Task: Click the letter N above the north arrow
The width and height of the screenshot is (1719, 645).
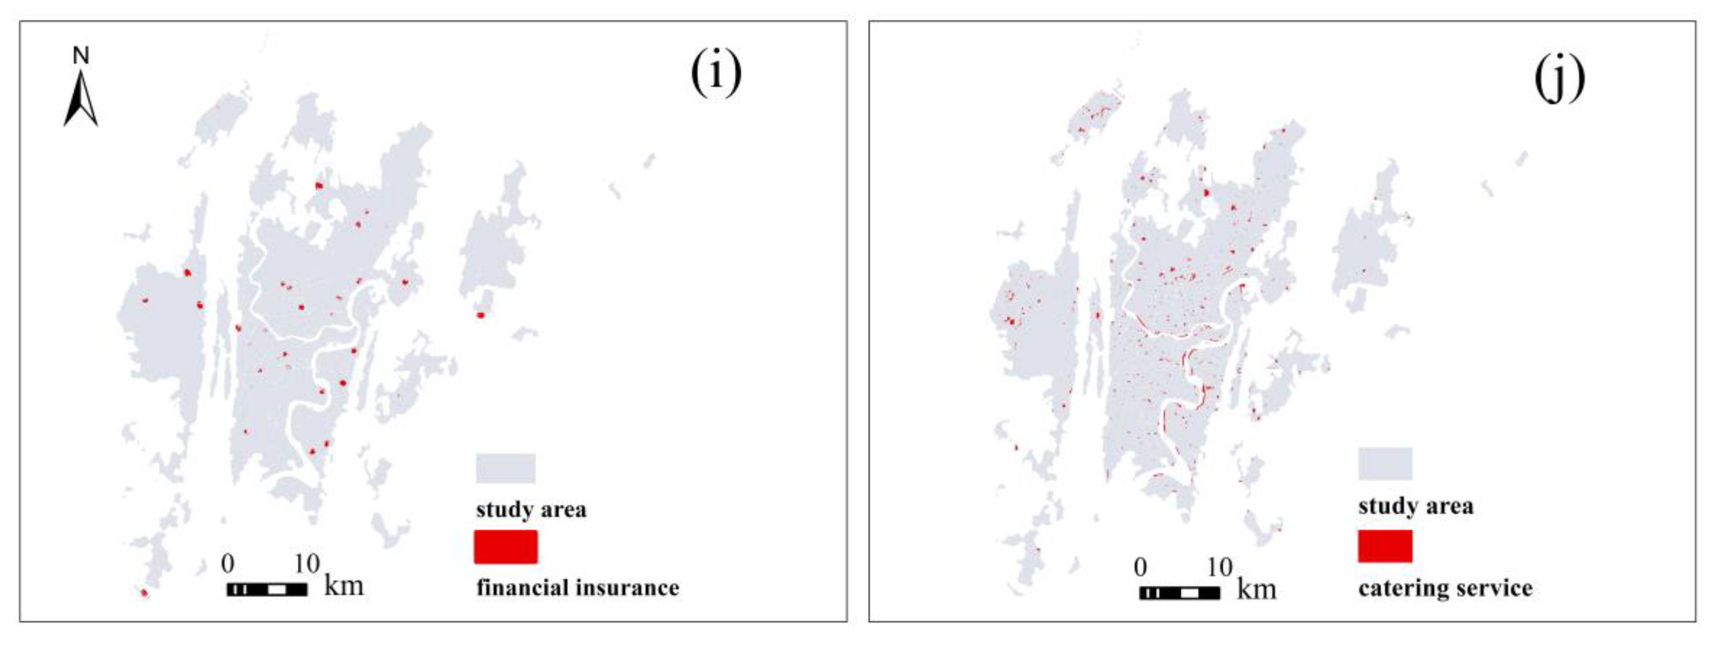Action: coord(81,56)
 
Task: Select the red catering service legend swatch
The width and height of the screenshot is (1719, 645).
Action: coord(1385,546)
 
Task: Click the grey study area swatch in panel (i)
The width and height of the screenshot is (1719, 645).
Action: coord(505,468)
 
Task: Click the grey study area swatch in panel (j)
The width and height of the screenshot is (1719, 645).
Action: coord(1385,464)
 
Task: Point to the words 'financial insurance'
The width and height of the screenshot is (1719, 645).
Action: coord(577,588)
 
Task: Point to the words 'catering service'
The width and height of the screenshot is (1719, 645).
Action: coord(1445,588)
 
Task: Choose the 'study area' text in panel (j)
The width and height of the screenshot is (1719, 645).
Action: coord(1415,506)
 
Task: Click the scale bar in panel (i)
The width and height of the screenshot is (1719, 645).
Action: coord(267,590)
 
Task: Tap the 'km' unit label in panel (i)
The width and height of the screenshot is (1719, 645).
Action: coord(344,586)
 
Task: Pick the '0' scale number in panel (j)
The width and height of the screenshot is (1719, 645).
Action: coord(1140,567)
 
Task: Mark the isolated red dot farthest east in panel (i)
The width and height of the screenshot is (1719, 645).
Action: coord(480,315)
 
